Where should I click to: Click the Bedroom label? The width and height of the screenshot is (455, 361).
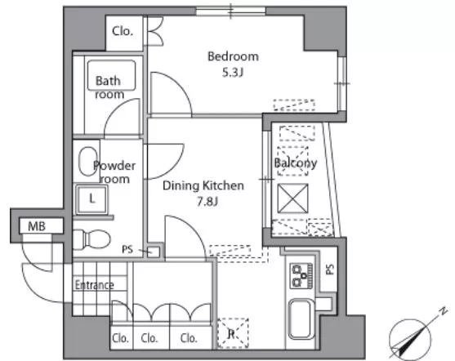233,56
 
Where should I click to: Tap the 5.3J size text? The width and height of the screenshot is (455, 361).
233,73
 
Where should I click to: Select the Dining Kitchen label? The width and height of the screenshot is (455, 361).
203,185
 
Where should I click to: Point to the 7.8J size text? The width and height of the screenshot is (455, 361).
207,202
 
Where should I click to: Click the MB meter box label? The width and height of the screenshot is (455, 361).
37,226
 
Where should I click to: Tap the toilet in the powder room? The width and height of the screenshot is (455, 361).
91,239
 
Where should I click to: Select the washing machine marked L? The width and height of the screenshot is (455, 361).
91,199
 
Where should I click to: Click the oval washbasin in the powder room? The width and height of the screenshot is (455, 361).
87,162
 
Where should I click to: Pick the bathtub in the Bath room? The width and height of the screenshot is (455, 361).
111,75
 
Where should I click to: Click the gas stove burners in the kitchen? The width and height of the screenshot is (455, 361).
301,275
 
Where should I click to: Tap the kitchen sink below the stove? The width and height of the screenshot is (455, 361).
301,319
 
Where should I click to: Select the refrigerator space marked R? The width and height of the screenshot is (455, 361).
233,333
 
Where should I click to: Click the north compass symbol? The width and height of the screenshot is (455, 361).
410,339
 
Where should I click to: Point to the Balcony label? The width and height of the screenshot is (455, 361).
296,163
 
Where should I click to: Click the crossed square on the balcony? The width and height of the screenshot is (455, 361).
292,198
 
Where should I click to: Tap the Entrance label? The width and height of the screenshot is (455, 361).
94,285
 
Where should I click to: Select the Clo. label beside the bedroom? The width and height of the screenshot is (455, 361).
123,31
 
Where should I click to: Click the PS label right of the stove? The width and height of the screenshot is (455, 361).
330,270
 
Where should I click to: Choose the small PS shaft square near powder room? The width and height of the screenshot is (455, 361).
154,252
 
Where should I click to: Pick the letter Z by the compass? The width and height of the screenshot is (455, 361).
443,311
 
